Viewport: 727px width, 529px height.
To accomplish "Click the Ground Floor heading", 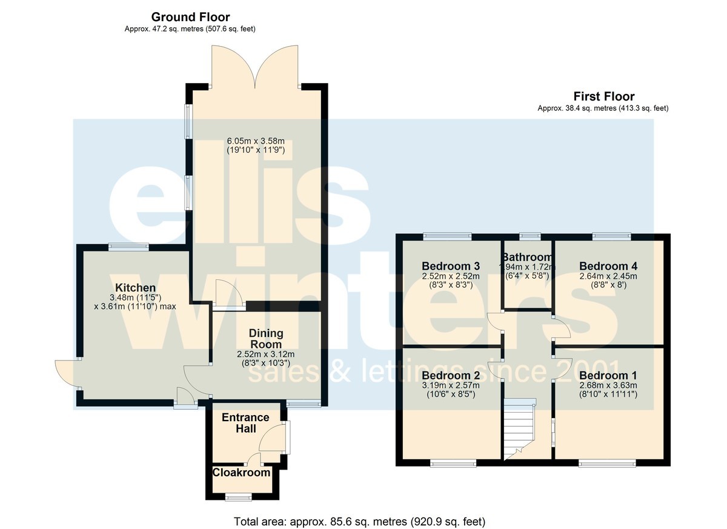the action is pos(190,17).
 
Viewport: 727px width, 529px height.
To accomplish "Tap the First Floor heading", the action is pos(603,96).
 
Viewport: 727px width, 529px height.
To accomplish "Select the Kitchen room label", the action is pos(135,288).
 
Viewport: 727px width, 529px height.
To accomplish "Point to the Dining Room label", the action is pos(266,339).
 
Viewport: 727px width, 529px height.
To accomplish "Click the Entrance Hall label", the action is pos(245,423).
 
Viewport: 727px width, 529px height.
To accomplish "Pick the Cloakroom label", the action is pos(241,473).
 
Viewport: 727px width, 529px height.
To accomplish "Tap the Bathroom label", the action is pos(527,258).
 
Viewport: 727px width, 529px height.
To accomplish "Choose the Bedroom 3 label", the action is pos(451,266).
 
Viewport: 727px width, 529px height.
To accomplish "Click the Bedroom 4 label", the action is pos(608,266).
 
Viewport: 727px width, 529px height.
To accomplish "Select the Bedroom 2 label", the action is pos(451,376).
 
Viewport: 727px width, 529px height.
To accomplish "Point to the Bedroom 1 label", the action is pos(608,376).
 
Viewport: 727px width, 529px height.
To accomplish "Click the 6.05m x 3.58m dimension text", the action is pos(256,141).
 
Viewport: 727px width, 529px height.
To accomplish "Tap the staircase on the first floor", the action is pos(519,429).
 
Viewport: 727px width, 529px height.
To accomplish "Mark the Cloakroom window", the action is pos(239,497).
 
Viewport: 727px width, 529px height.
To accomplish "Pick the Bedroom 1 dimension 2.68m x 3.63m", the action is pos(608,385).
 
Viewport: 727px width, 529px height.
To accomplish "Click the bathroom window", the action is pos(530,236).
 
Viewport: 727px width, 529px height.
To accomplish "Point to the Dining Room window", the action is pos(304,404).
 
